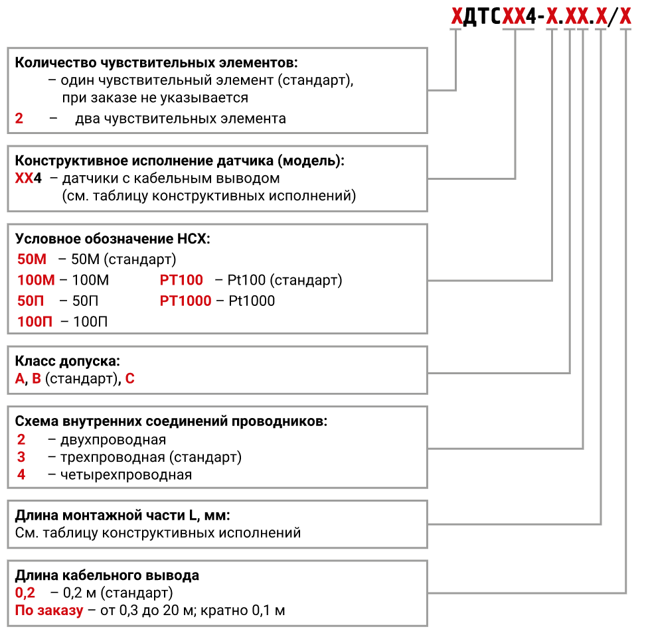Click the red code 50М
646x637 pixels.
[32, 259]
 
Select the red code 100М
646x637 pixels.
[36, 280]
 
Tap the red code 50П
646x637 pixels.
[31, 301]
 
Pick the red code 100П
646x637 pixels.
[35, 322]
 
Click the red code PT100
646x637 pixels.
[181, 280]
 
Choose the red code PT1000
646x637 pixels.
[185, 301]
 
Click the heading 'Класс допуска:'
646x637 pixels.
[68, 361]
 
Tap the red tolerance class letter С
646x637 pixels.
[129, 378]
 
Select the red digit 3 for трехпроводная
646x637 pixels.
[21, 457]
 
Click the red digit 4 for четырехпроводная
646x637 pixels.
[21, 474]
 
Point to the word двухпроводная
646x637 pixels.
[114, 440]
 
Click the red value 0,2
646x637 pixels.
[25, 593]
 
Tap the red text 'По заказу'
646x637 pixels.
[49, 610]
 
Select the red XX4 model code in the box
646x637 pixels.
[29, 178]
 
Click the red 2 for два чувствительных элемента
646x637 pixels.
[19, 119]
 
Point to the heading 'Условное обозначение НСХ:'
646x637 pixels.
[112, 239]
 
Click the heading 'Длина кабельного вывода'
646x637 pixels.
[107, 575]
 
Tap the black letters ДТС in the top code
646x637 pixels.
[482, 17]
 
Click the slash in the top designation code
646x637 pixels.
[613, 17]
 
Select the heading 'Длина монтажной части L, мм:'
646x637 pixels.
[122, 515]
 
